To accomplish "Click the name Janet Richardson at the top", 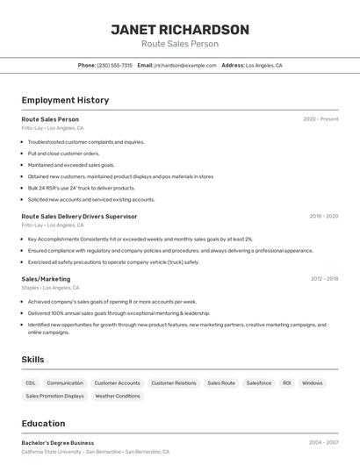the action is (x=180, y=30).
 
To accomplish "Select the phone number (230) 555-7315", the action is (x=114, y=65).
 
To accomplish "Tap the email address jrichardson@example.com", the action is (x=185, y=65).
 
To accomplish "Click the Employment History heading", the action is (x=65, y=100).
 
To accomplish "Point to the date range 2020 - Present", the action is (x=320, y=119).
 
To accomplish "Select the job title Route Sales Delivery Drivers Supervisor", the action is (x=79, y=216).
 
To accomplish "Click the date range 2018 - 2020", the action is (x=323, y=216).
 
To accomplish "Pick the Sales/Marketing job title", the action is (x=46, y=279).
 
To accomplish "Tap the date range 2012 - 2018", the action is (x=324, y=279).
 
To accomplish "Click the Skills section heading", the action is (x=32, y=360).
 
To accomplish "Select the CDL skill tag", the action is (x=31, y=383).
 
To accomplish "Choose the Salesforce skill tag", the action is (x=258, y=383).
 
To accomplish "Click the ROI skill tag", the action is (x=286, y=383).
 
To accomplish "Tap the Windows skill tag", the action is (x=312, y=383).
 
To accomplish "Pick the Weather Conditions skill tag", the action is (x=117, y=397).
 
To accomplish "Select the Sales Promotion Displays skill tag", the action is (x=54, y=397).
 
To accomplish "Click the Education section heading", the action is (x=43, y=424).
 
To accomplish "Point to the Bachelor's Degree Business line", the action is (x=58, y=443).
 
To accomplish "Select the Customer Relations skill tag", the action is (x=174, y=383).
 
